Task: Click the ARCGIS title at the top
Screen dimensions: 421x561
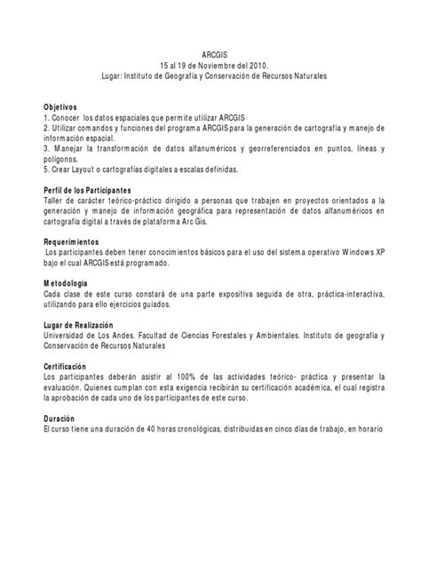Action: point(210,54)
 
